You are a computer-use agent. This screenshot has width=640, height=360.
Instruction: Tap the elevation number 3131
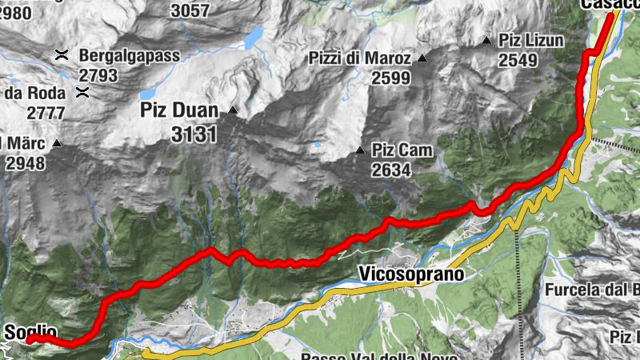click(194, 134)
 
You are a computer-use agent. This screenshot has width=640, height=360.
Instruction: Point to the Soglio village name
click(30, 331)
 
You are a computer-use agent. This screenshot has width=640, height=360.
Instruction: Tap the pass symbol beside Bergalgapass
click(61, 55)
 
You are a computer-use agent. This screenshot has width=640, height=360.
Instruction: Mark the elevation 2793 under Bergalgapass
click(98, 76)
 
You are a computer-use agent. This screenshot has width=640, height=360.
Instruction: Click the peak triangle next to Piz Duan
click(233, 110)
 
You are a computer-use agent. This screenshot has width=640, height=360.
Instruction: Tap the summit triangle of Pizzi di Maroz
click(422, 59)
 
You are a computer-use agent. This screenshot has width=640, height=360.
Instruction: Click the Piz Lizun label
click(531, 40)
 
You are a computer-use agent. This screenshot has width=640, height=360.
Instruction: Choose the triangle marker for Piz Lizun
click(486, 40)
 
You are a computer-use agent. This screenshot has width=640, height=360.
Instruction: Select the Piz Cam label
click(402, 150)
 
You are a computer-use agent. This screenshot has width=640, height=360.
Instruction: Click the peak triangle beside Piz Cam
click(359, 150)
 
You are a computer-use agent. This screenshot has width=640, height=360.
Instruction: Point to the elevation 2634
click(390, 170)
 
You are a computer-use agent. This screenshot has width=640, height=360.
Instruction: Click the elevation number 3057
click(190, 10)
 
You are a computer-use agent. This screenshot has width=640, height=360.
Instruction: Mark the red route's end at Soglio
click(30, 339)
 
